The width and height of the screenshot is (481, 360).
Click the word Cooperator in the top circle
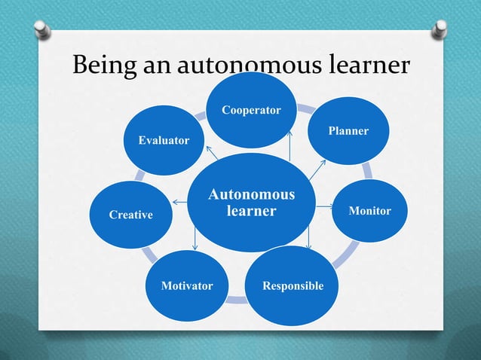251,111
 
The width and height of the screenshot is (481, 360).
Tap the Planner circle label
348,131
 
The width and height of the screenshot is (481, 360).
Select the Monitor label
369,211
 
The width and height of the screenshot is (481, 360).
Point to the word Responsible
293,286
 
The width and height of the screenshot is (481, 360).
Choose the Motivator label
187,286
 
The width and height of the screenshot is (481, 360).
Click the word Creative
131,215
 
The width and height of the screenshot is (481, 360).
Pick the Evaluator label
164,141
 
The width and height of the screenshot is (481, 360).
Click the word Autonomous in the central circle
252,196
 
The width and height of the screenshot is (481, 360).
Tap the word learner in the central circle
252,212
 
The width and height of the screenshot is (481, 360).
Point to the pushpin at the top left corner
42,29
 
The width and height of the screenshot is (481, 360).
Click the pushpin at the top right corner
440,31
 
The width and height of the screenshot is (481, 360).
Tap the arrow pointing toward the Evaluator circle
212,153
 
